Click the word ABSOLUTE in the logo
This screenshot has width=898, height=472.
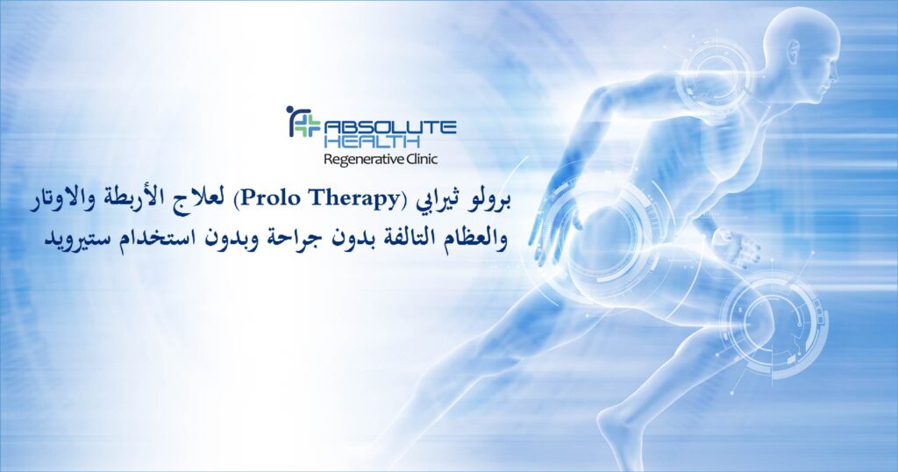pos(390,126)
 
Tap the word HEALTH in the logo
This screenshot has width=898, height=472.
pos(371,141)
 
